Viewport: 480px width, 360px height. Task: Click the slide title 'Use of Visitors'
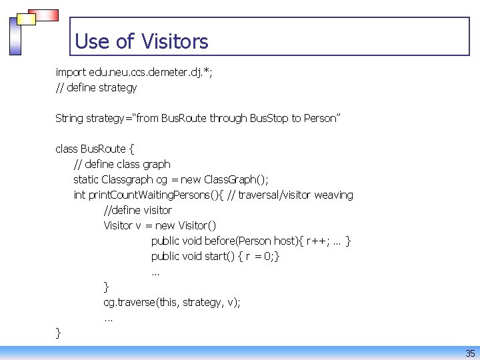click(x=141, y=41)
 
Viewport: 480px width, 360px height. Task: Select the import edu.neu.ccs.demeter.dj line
click(x=134, y=72)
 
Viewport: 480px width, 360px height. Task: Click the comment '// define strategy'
click(x=96, y=87)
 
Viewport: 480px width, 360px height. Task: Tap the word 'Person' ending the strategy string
click(x=321, y=118)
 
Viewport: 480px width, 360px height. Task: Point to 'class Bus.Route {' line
click(x=96, y=149)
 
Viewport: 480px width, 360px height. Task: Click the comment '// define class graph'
click(x=122, y=164)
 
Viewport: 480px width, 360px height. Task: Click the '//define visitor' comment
click(x=137, y=210)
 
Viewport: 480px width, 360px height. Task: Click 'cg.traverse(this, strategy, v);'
click(x=172, y=302)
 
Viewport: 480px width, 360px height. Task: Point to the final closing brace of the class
click(x=59, y=332)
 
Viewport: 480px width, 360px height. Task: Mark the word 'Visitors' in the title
click(x=175, y=41)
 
